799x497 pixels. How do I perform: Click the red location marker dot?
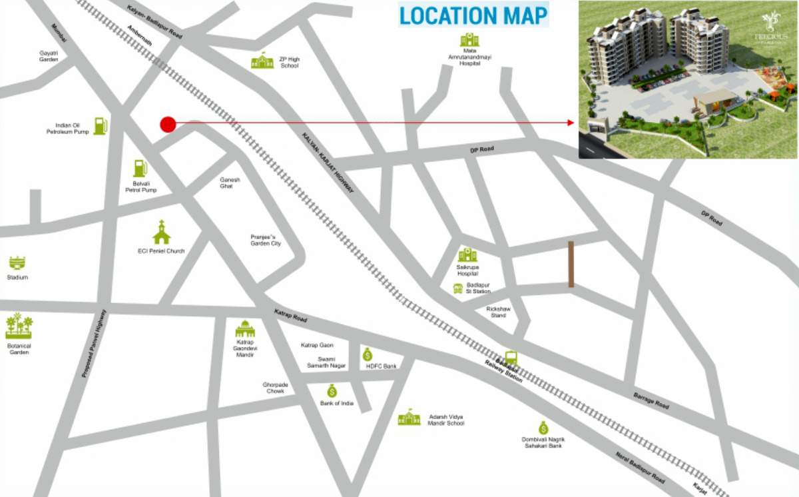point(168,123)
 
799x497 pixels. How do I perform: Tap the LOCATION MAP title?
point(473,15)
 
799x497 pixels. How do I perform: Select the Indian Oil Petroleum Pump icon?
point(100,125)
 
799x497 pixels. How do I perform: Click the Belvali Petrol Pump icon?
point(140,168)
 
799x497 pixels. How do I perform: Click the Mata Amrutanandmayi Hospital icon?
point(469,40)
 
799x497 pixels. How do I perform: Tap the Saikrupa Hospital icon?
point(467,254)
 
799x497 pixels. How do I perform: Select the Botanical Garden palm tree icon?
point(19,326)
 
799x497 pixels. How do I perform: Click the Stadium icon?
point(17,262)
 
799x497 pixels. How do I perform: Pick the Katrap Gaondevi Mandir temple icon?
point(245,328)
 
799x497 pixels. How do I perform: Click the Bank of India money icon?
point(332,391)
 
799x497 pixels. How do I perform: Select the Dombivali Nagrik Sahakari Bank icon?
point(543,427)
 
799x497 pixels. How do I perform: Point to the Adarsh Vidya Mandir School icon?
point(409,418)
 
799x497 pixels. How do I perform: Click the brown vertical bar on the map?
point(571,264)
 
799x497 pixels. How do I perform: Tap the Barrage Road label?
point(651,400)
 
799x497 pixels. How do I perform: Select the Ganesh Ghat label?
point(230,183)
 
